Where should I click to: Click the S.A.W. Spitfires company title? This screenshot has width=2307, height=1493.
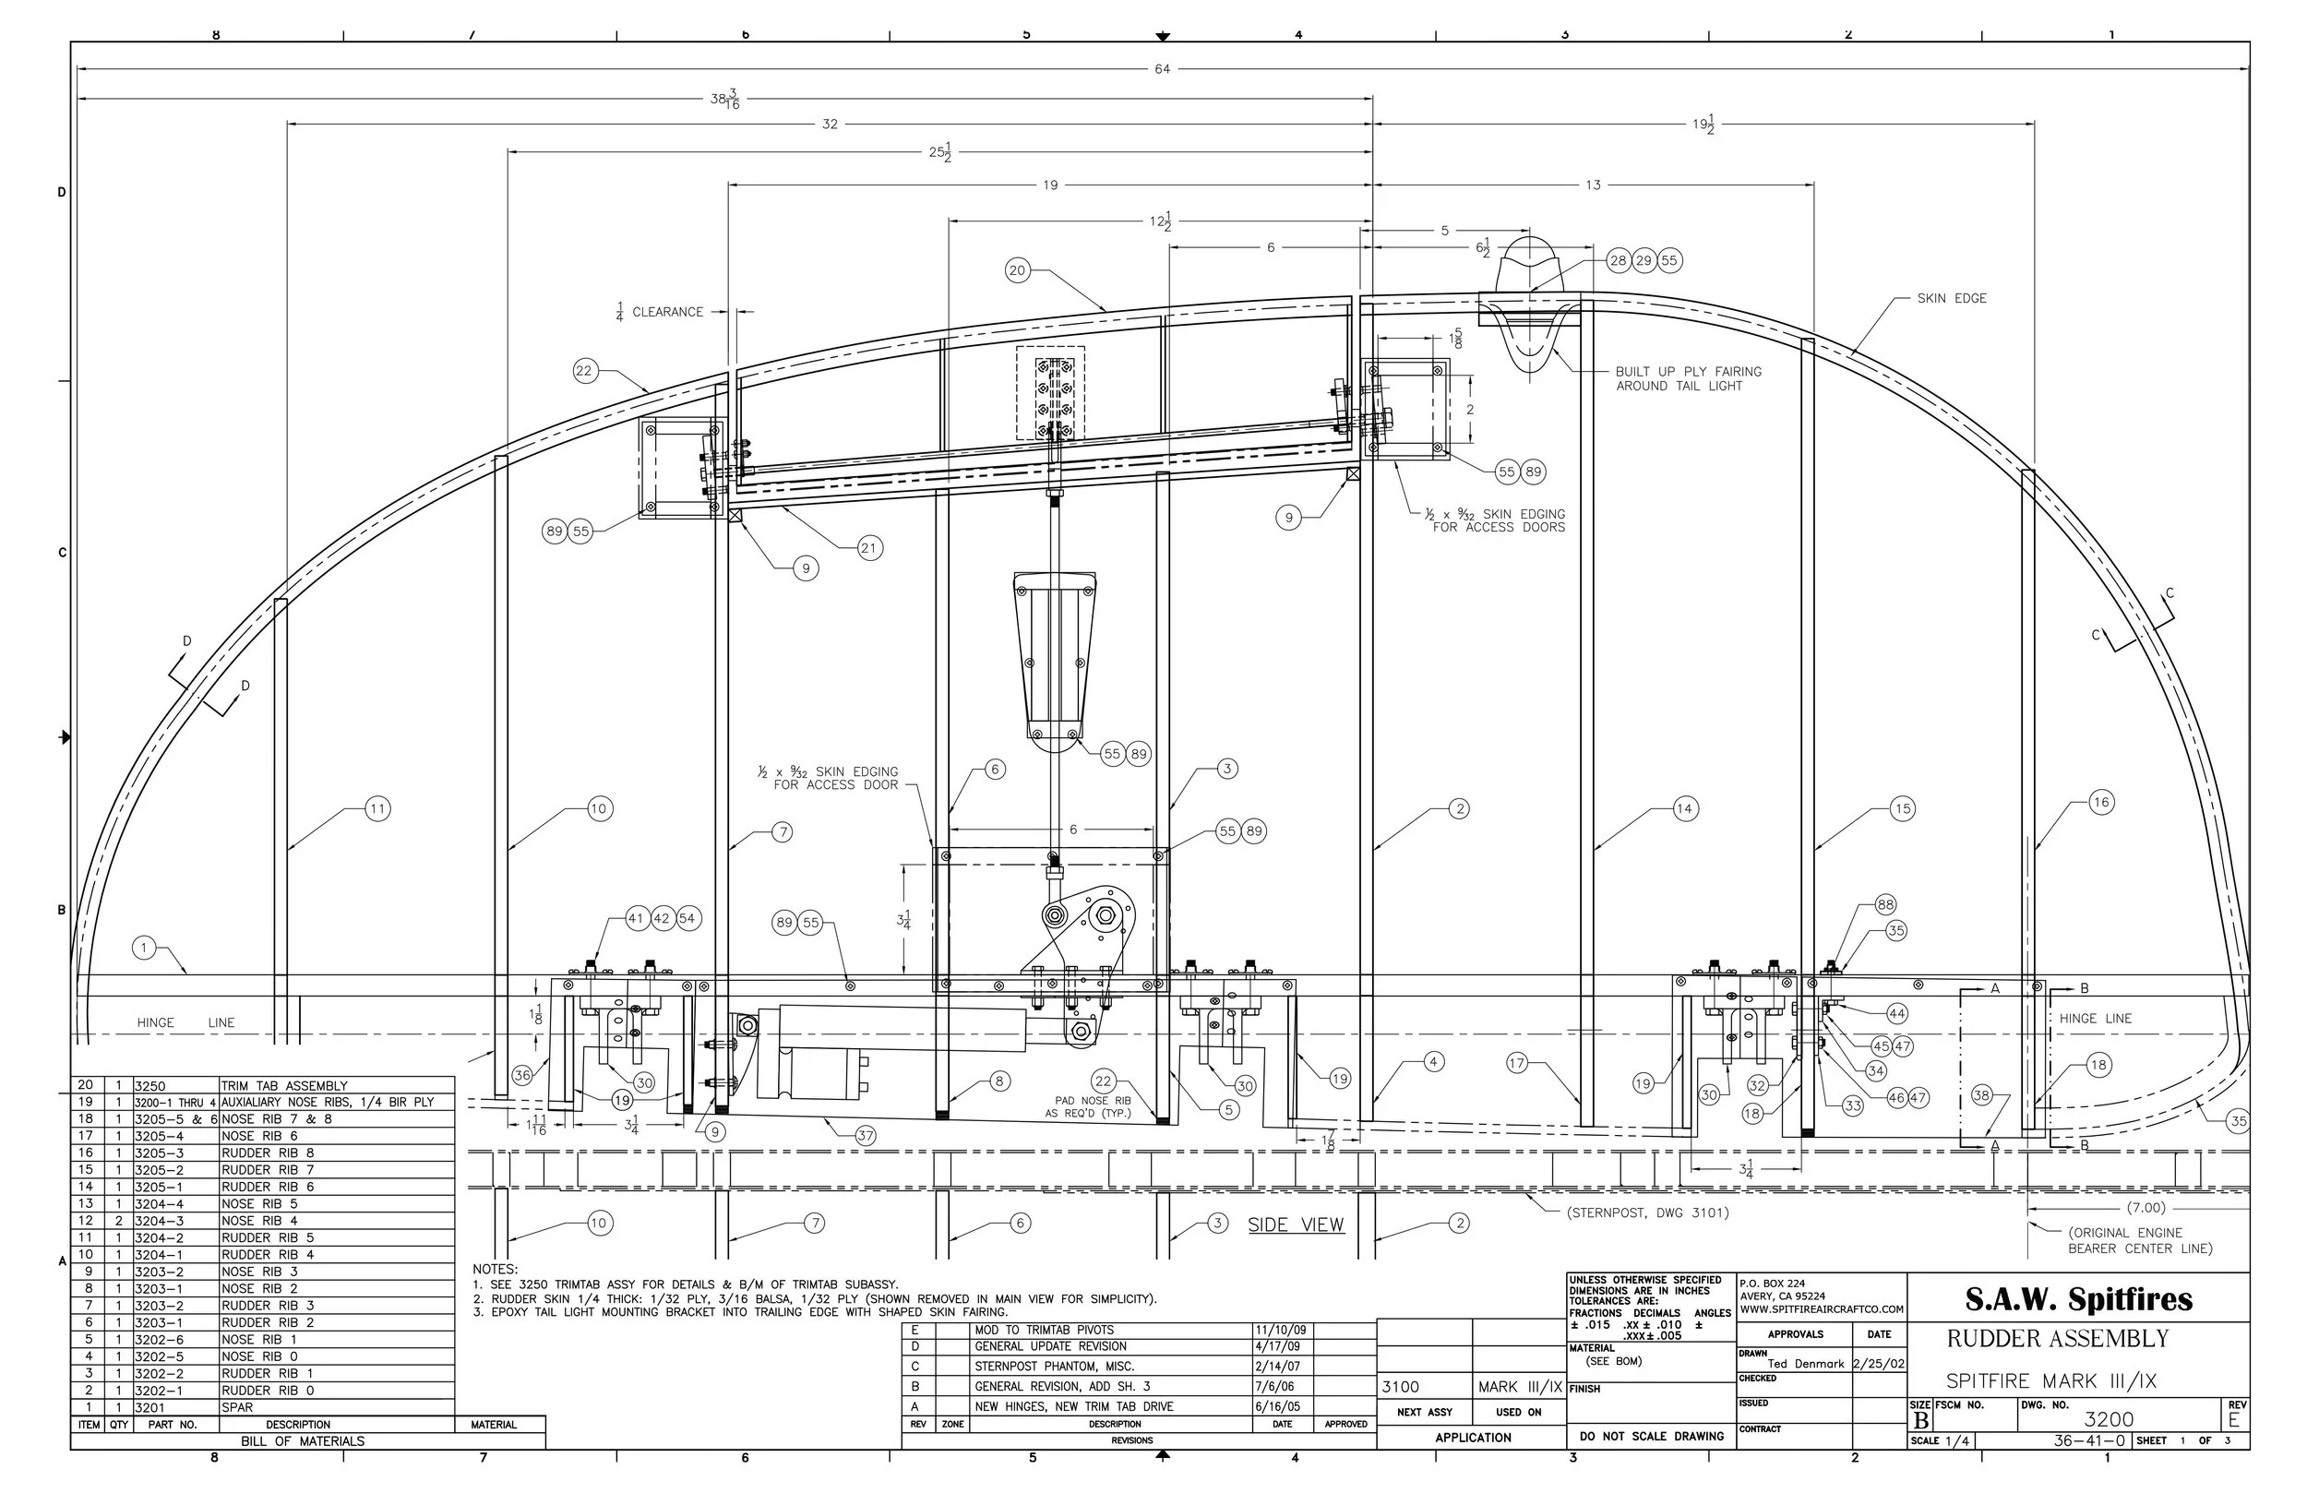click(2078, 1298)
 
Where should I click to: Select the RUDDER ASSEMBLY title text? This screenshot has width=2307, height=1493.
click(2057, 1339)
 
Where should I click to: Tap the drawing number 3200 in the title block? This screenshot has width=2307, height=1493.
click(2109, 1419)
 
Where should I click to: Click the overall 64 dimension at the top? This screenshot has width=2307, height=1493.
click(1161, 69)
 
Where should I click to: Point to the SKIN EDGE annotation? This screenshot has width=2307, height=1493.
click(1951, 299)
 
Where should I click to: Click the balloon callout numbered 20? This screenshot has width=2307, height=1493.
click(1017, 270)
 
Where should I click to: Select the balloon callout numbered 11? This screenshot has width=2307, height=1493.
click(377, 808)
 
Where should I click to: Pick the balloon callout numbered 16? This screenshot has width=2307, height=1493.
click(2100, 802)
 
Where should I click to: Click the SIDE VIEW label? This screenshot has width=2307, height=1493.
click(1295, 1224)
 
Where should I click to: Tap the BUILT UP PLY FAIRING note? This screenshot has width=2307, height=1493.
click(1688, 378)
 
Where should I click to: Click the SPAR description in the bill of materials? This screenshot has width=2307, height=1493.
click(236, 1406)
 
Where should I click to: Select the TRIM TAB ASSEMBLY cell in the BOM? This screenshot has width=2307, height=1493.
click(284, 1086)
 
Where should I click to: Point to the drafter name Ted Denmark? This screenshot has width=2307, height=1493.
click(1805, 1363)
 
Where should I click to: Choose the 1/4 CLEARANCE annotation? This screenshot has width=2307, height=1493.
click(660, 312)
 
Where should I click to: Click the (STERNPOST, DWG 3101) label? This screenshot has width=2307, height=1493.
click(1648, 1212)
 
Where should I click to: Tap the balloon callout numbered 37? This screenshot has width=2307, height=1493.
click(865, 1135)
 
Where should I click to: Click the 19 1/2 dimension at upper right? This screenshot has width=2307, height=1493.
click(1703, 124)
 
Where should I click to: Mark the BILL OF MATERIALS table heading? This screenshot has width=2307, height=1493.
click(303, 1441)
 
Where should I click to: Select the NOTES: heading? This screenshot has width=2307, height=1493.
click(496, 1269)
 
